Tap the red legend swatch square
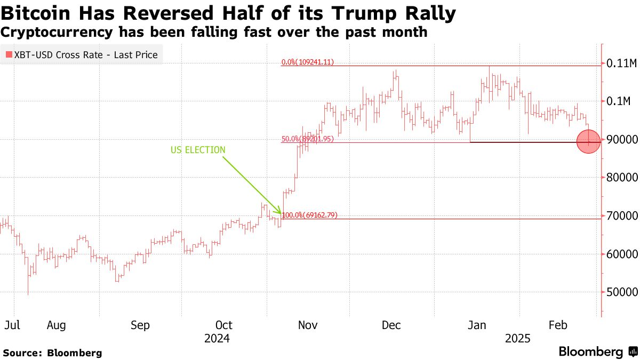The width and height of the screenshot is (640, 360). [9, 54]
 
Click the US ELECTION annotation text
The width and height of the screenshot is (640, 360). [198, 150]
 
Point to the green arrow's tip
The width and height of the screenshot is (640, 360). [281, 214]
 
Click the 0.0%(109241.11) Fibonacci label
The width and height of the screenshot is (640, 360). [308, 62]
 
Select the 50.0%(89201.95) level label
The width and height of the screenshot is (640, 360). [308, 139]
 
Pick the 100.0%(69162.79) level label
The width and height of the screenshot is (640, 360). [309, 215]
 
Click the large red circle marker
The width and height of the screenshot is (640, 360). [589, 142]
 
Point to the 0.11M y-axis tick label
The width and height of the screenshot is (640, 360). [622, 63]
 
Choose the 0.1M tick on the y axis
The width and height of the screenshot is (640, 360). [620, 102]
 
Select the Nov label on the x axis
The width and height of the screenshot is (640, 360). [308, 325]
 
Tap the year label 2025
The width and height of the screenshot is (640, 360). [517, 338]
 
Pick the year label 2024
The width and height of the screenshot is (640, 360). [217, 338]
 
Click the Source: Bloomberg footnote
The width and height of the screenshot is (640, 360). [52, 353]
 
